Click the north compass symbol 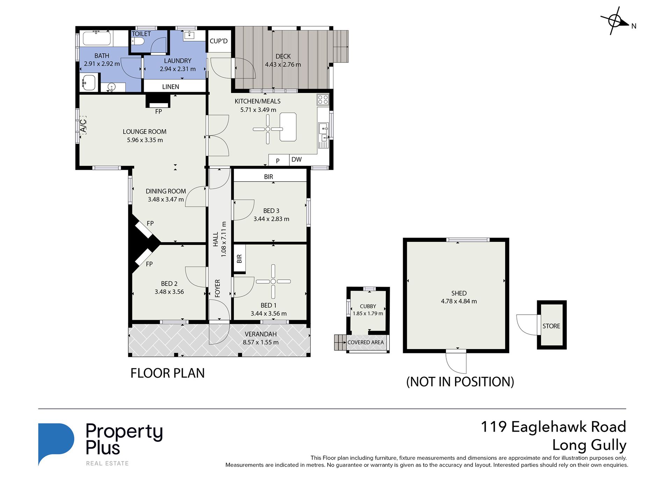pyautogui.click(x=615, y=21)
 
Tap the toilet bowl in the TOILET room pyautogui.click(x=138, y=42)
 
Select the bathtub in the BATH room pyautogui.click(x=97, y=38)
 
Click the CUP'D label pyautogui.click(x=218, y=41)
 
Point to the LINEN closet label pyautogui.click(x=171, y=87)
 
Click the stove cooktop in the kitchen pyautogui.click(x=323, y=100)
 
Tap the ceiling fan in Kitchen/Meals pyautogui.click(x=268, y=129)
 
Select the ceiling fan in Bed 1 pyautogui.click(x=273, y=281)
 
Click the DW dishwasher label pyautogui.click(x=296, y=159)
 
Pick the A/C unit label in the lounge pyautogui.click(x=83, y=125)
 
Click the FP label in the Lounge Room pyautogui.click(x=158, y=111)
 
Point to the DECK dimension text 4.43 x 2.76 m pyautogui.click(x=283, y=65)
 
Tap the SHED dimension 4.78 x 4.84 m pyautogui.click(x=459, y=301)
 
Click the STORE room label pyautogui.click(x=551, y=326)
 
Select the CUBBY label pyautogui.click(x=368, y=306)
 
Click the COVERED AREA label pyautogui.click(x=366, y=342)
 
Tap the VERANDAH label pyautogui.click(x=261, y=334)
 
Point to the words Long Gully pyautogui.click(x=589, y=445)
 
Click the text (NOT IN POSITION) pyautogui.click(x=460, y=382)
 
